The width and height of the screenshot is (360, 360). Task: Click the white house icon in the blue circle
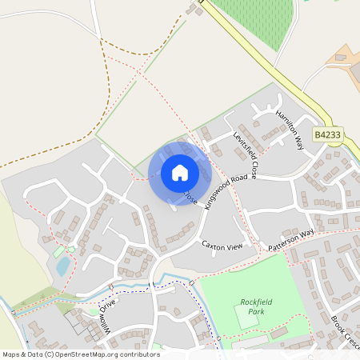(180, 173)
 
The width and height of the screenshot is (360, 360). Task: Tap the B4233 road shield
(327, 136)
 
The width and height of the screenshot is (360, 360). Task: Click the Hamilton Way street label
(290, 127)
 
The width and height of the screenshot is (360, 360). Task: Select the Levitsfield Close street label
(246, 154)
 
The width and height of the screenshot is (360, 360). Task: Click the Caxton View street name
(222, 246)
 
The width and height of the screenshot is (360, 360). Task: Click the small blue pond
(62, 266)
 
